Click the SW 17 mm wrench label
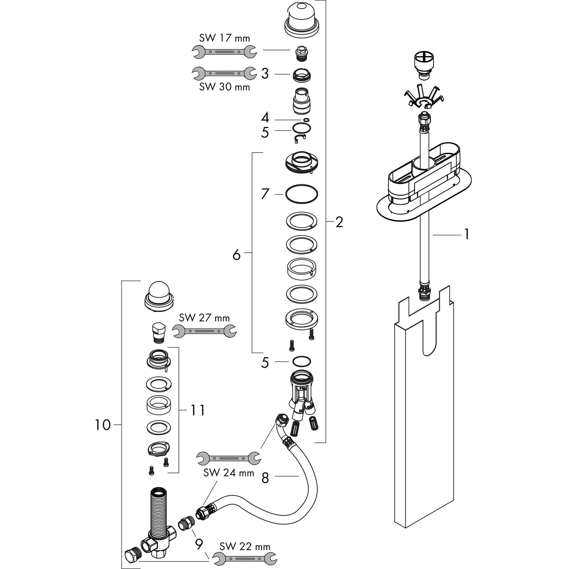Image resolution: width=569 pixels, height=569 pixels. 224,38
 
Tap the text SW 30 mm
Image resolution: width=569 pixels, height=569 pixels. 224,87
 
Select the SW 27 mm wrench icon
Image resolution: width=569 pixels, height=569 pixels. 204,331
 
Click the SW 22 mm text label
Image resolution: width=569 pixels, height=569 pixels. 245,547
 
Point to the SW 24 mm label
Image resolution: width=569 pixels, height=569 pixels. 229,473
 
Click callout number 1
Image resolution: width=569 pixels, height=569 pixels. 466,235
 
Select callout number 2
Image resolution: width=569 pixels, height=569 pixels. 339,222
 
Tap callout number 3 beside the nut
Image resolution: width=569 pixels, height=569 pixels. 265,74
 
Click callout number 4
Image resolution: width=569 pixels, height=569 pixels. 265,118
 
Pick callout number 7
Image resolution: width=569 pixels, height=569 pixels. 265,194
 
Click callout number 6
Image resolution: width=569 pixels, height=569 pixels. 236,255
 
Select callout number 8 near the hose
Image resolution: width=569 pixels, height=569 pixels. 265,478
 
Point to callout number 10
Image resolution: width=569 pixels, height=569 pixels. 103,425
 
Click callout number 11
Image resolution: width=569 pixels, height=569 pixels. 198,410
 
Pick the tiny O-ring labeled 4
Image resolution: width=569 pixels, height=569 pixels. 306,119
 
